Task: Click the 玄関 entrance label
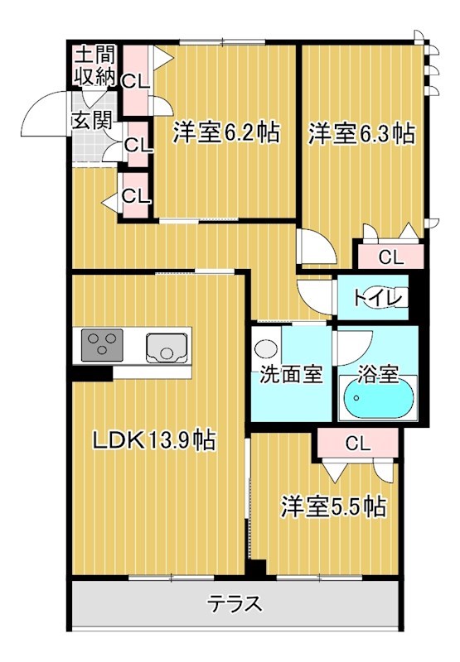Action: (x=90, y=120)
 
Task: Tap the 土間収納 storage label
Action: (x=94, y=67)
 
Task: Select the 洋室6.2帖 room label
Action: (x=225, y=132)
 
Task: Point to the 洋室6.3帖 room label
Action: (x=361, y=132)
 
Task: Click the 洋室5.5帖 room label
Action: (x=332, y=505)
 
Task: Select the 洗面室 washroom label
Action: (x=289, y=374)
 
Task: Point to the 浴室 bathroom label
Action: (x=379, y=374)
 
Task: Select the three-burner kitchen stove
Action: (x=102, y=344)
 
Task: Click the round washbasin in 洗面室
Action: (x=266, y=348)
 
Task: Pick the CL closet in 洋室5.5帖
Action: (x=356, y=444)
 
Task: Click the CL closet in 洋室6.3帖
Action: (x=390, y=257)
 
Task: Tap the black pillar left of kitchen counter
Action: (x=90, y=372)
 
